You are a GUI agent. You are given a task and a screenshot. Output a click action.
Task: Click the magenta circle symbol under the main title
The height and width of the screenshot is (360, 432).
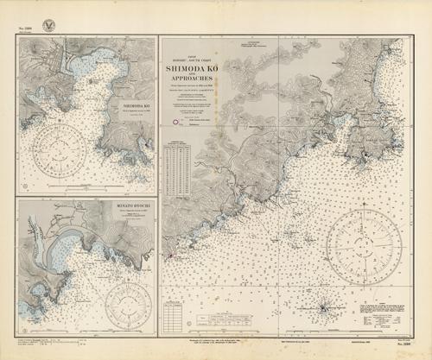tap(176, 123)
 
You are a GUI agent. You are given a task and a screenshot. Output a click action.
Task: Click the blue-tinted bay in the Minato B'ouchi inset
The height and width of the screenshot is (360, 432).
tap(65, 253)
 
